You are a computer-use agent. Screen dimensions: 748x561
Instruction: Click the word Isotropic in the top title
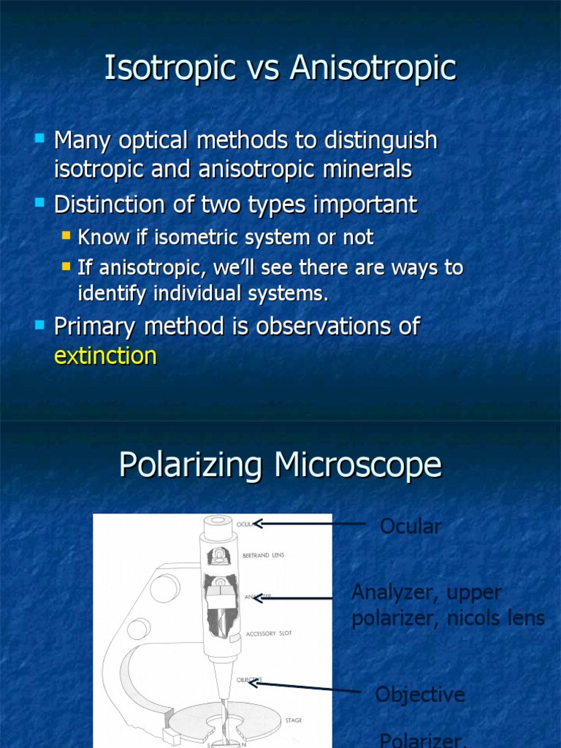point(170,69)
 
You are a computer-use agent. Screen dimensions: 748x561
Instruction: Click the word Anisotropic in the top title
point(373,69)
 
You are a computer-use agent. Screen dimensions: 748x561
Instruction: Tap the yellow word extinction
point(105,356)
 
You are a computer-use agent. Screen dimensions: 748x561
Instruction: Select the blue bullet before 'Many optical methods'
point(39,137)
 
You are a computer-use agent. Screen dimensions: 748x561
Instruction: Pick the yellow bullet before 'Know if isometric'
point(66,235)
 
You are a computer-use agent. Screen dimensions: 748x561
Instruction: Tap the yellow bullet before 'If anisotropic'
point(66,265)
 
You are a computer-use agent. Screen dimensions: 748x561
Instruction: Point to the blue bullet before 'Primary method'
point(39,324)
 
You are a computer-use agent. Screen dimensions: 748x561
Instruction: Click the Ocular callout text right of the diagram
point(411,526)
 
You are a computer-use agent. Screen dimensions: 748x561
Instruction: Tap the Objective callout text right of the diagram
point(420,694)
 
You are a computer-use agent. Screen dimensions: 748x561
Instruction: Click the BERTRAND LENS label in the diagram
point(264,555)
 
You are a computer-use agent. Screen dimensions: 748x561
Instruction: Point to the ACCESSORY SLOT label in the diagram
point(269,633)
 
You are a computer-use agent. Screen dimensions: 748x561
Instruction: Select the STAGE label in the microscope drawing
point(294,720)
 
